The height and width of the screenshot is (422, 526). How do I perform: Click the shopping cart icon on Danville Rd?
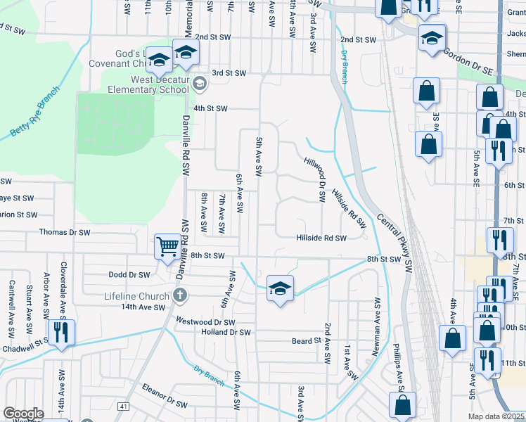[x=168, y=247]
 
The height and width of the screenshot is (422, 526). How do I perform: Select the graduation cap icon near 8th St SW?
[x=280, y=288]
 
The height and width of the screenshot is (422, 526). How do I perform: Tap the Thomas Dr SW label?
[x=65, y=231]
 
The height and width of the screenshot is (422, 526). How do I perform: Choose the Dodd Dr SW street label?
[x=129, y=275]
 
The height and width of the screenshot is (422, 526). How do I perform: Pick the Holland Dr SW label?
[x=226, y=332]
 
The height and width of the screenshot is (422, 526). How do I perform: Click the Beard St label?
[x=306, y=341]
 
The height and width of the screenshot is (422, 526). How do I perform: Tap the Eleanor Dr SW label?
[x=165, y=405]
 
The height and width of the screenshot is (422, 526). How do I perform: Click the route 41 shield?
[x=124, y=407]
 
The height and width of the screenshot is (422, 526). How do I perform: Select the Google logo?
[x=23, y=414]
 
